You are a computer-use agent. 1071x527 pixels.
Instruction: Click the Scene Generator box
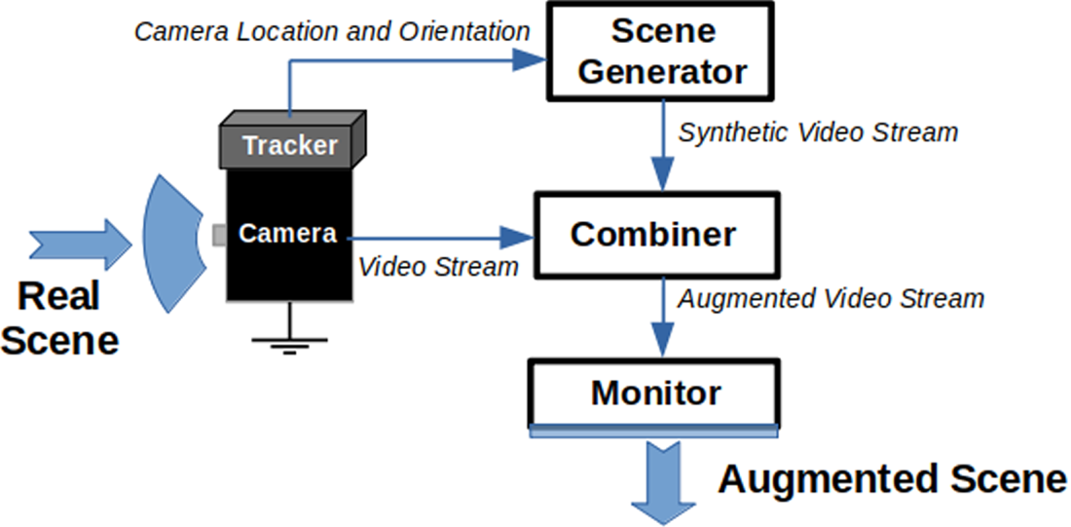pyautogui.click(x=664, y=51)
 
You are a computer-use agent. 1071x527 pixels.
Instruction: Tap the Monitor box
pyautogui.click(x=654, y=394)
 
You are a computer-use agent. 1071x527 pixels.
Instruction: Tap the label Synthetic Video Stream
pyautogui.click(x=819, y=132)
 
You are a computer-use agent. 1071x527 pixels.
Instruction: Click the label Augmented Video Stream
pyautogui.click(x=831, y=297)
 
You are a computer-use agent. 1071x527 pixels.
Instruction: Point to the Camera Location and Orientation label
pyautogui.click(x=332, y=31)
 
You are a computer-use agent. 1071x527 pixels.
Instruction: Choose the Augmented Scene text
pyautogui.click(x=892, y=479)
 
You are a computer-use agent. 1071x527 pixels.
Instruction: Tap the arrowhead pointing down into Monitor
pyautogui.click(x=664, y=343)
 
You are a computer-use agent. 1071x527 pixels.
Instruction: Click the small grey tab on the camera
pyautogui.click(x=219, y=234)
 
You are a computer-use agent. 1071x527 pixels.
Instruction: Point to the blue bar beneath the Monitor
pyautogui.click(x=654, y=431)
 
